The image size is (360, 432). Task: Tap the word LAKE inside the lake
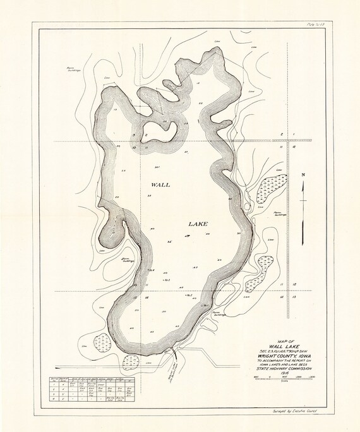[x=201, y=224]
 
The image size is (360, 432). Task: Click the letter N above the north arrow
[x=303, y=175]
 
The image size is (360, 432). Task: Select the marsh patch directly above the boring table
[x=131, y=362]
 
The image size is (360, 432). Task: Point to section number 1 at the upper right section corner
[x=294, y=135]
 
